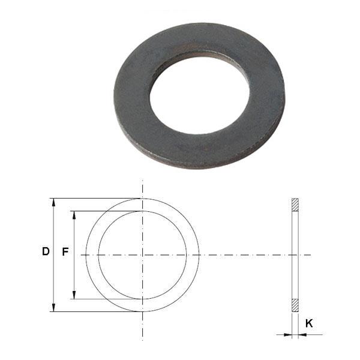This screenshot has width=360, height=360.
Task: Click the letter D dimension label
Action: pyautogui.click(x=45, y=253)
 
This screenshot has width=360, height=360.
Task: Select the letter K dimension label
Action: pyautogui.click(x=309, y=323)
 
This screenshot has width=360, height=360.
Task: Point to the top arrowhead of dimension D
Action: pyautogui.click(x=54, y=203)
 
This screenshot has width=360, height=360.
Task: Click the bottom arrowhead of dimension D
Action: pyautogui.click(x=54, y=307)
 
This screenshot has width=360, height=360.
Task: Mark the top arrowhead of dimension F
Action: pyautogui.click(x=74, y=215)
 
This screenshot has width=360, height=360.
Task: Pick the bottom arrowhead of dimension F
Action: pyautogui.click(x=74, y=295)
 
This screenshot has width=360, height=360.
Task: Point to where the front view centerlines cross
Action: pyautogui.click(x=142, y=255)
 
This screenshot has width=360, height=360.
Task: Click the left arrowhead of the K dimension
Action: pyautogui.click(x=288, y=334)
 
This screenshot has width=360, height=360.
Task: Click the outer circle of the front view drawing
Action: pyautogui.click(x=199, y=255)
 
